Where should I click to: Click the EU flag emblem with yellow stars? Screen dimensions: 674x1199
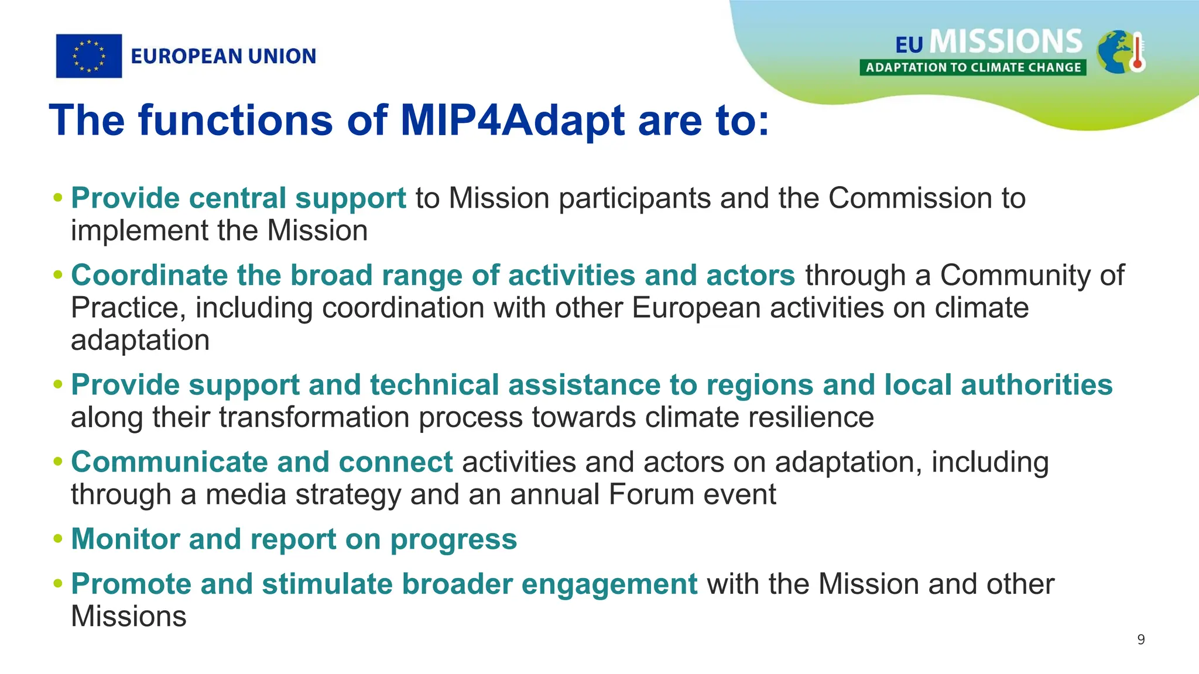(89, 56)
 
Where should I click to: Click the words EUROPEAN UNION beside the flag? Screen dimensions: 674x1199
(223, 56)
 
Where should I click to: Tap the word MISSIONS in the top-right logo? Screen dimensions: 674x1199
(1006, 42)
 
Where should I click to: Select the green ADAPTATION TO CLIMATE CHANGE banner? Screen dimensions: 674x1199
(972, 67)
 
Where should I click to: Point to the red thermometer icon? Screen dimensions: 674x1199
(1137, 53)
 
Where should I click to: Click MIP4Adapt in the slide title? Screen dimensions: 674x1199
(513, 120)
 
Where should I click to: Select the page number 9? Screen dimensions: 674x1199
(1140, 639)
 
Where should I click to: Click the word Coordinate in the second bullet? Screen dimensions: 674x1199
(149, 275)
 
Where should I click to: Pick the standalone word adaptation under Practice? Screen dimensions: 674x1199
(140, 341)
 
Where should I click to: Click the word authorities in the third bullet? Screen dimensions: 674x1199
(1036, 385)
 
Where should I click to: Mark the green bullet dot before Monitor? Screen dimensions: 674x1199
(57, 539)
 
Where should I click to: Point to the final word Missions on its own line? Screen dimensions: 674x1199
(128, 617)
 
